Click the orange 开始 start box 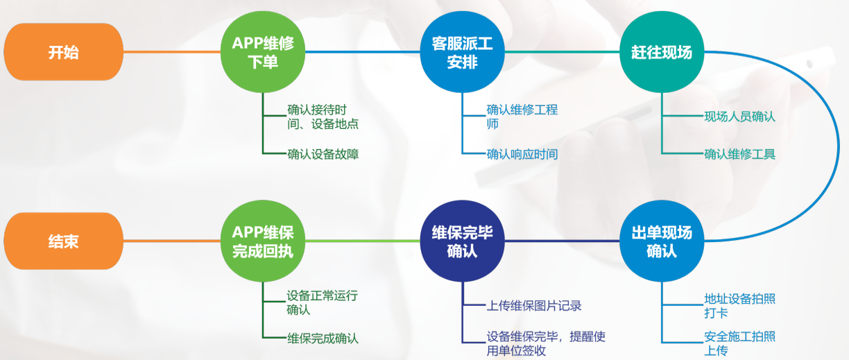[x=63, y=52]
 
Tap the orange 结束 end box [x=63, y=241]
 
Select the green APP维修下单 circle [x=263, y=52]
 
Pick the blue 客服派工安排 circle [x=462, y=52]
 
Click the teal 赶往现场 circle [x=661, y=52]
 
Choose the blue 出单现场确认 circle [x=661, y=241]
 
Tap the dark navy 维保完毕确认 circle [x=462, y=241]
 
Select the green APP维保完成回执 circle [x=263, y=241]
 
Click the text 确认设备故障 [x=323, y=153]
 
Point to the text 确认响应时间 [x=522, y=153]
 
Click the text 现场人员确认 [x=739, y=117]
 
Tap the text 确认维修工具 [x=739, y=153]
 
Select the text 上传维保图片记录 [x=533, y=305]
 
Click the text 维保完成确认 [x=323, y=339]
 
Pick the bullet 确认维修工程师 [x=522, y=117]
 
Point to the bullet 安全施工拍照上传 [x=739, y=344]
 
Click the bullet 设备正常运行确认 [x=323, y=302]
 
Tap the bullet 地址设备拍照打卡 [x=739, y=306]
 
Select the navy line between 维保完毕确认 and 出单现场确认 [x=561, y=241]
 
